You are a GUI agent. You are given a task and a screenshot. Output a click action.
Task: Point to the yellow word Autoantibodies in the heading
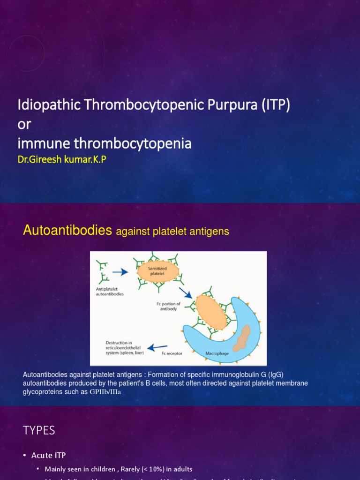[67, 230]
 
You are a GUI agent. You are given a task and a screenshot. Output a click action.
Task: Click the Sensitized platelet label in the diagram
[157, 271]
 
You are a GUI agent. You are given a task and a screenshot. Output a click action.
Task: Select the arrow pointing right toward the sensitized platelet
[120, 271]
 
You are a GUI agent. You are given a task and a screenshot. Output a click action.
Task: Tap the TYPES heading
[39, 430]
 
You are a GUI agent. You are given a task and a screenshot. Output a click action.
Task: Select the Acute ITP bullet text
[48, 455]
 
